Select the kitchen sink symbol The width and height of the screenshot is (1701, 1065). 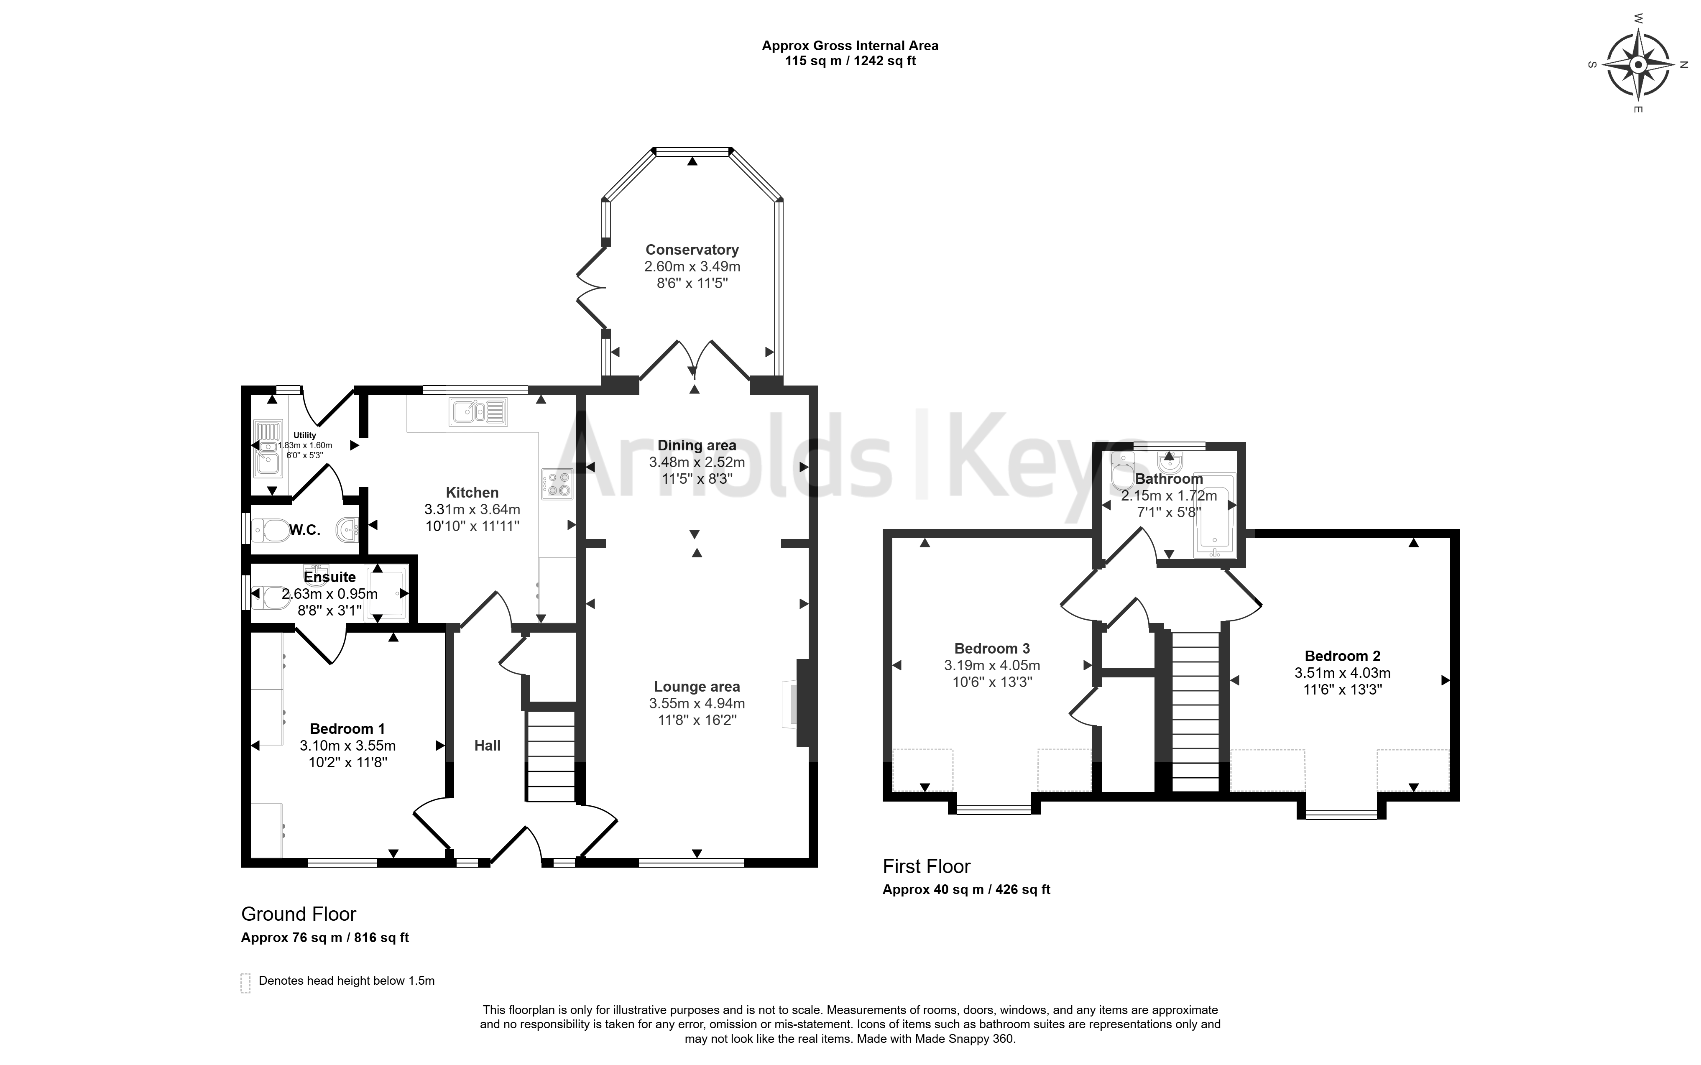478,412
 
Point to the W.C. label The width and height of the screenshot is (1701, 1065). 304,530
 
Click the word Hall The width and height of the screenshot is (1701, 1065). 488,745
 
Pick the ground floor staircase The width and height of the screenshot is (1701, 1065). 551,756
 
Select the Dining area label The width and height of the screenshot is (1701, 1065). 697,445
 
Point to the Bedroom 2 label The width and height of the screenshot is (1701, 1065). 1343,656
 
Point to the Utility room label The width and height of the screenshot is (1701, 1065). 305,435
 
